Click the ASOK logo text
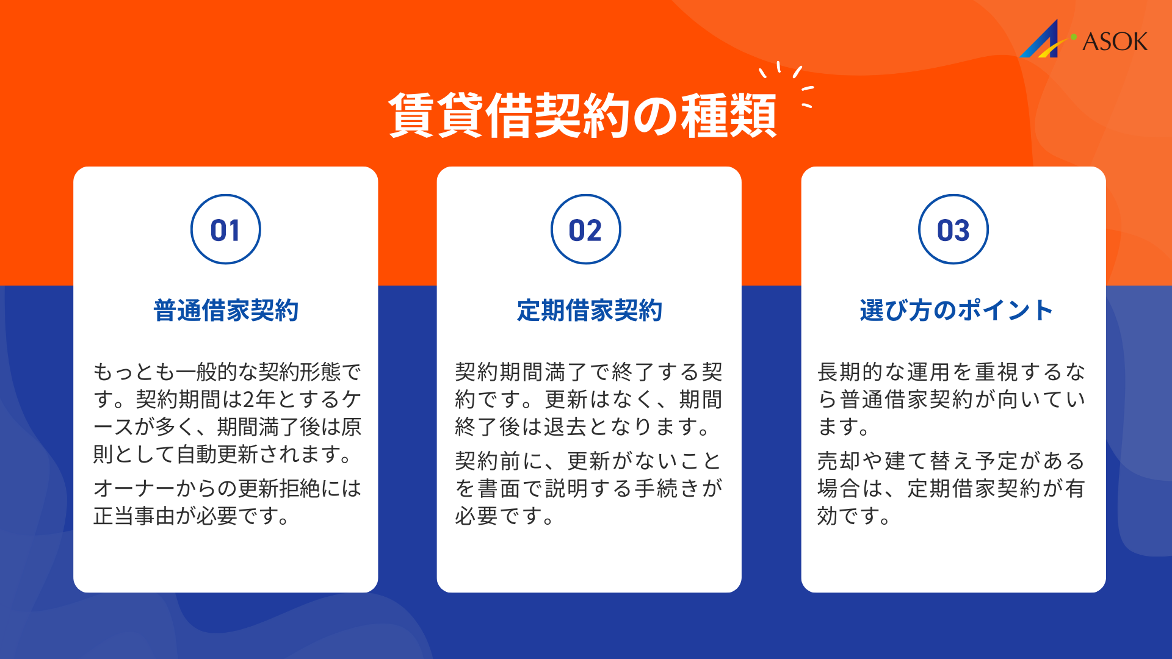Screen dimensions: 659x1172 1115,41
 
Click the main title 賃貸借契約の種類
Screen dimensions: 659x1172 582,116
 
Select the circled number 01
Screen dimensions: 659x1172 225,229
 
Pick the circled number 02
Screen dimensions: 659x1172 585,229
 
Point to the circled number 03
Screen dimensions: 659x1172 953,229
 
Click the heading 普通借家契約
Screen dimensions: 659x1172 226,310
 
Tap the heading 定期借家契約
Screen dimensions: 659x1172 589,310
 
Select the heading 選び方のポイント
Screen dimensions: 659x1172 956,310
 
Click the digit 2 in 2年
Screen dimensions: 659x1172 249,400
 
